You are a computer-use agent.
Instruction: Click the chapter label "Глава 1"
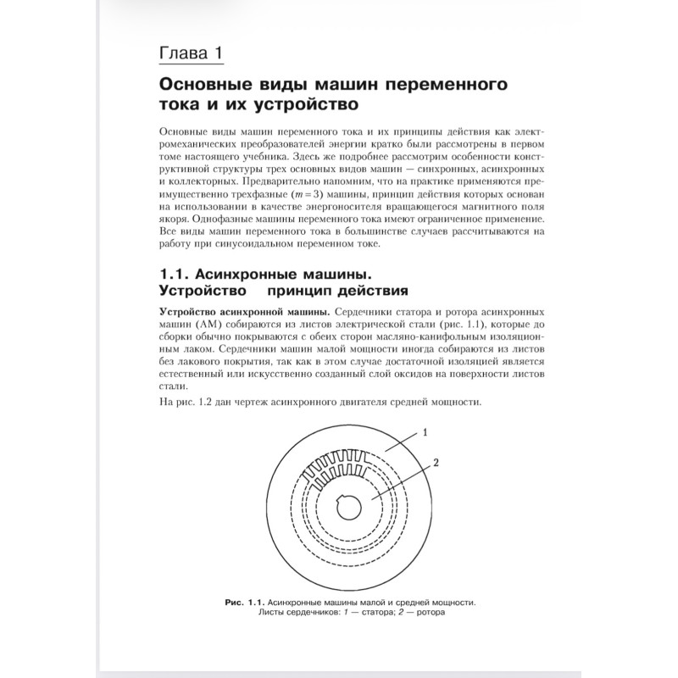[x=192, y=53]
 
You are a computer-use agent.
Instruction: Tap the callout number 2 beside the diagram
[x=436, y=463]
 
